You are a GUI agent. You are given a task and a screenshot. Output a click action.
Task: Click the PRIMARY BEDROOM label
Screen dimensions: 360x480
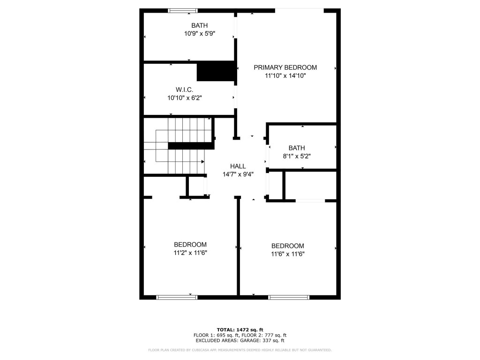tap(285, 67)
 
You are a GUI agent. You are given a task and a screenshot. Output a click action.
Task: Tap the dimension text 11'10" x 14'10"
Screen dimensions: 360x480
tap(285, 75)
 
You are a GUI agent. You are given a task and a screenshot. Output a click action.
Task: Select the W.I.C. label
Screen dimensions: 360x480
tap(184, 90)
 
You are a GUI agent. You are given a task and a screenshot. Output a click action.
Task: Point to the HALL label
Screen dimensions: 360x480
tap(238, 166)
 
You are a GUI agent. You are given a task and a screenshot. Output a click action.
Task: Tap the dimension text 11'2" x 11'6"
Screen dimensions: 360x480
tap(190, 253)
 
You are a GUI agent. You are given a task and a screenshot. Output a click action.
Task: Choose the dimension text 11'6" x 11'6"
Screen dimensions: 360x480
tap(287, 254)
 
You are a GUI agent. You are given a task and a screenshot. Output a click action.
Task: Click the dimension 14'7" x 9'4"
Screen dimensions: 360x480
tap(238, 174)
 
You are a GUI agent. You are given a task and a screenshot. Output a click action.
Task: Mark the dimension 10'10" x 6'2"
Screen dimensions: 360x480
tap(184, 97)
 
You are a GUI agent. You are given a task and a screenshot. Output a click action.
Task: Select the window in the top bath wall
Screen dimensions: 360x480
tap(183, 10)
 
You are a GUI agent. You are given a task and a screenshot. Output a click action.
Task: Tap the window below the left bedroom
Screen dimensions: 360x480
tap(177, 297)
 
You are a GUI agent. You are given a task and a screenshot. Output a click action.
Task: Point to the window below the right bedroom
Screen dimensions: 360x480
tap(289, 297)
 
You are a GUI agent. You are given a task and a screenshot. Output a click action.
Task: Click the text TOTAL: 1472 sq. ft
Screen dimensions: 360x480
tap(240, 330)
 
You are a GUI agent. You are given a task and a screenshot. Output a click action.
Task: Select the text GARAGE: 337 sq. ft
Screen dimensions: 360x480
tap(261, 341)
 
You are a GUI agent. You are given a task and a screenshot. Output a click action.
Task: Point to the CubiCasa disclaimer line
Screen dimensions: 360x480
tap(240, 350)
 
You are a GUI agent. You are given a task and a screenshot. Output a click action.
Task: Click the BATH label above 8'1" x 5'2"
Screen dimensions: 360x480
tap(296, 148)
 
